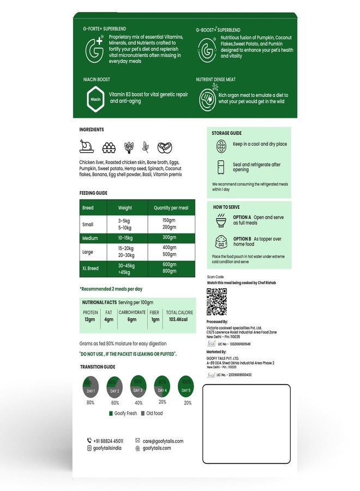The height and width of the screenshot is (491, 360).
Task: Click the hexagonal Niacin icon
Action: (x=95, y=99)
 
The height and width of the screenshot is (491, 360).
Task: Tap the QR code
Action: (x=217, y=302)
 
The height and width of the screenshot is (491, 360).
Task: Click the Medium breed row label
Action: (x=90, y=238)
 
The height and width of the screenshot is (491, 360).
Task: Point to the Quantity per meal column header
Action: (x=171, y=208)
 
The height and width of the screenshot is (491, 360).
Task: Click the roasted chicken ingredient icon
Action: (x=87, y=147)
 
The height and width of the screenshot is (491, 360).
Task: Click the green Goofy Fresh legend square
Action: (x=111, y=413)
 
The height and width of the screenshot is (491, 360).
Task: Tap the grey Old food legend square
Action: (x=142, y=413)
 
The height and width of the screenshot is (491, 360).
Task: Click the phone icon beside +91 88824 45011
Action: (x=89, y=441)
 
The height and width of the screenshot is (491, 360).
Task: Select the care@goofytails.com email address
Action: (x=163, y=441)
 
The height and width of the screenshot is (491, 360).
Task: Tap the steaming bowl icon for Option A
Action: (x=221, y=219)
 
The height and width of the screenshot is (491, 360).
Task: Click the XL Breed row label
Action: (x=91, y=268)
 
